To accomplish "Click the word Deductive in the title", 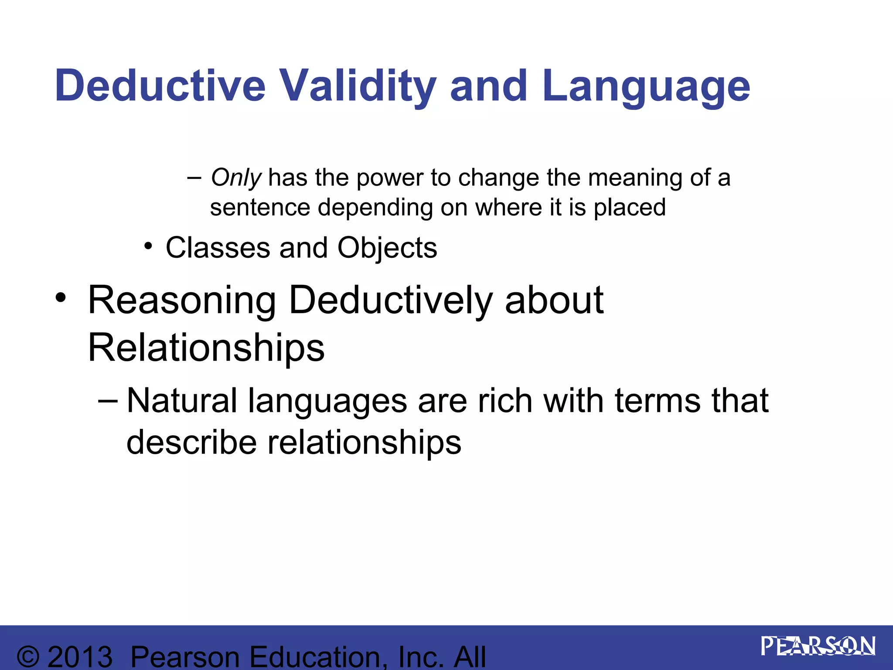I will pyautogui.click(x=160, y=86).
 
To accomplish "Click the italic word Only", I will pyautogui.click(x=236, y=178).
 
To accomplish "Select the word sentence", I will pyautogui.click(x=260, y=207).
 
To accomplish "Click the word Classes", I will pyautogui.click(x=218, y=248).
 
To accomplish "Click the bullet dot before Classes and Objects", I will pyautogui.click(x=149, y=246).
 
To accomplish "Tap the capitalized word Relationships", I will pyautogui.click(x=206, y=348).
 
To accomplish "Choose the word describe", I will pyautogui.click(x=191, y=442).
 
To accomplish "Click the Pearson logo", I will pyautogui.click(x=818, y=646).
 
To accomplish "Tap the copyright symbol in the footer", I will pyautogui.click(x=28, y=657).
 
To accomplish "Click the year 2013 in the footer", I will pyautogui.click(x=80, y=657).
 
